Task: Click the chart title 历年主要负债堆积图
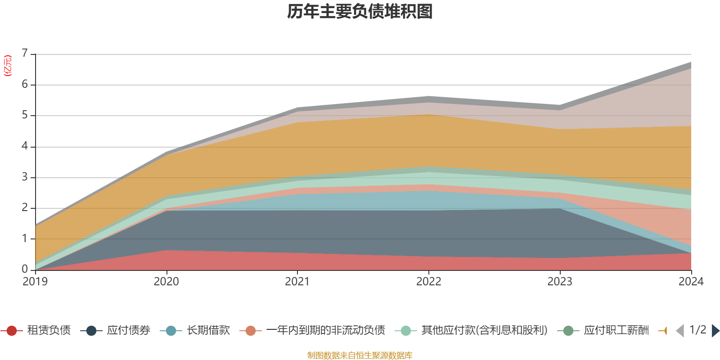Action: pos(360,12)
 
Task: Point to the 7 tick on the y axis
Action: pos(25,54)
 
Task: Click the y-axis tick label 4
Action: pos(25,146)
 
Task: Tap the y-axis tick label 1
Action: pos(25,238)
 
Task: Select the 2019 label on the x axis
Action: pos(35,282)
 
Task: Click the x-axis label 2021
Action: pos(297,282)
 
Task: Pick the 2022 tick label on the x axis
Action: pos(428,282)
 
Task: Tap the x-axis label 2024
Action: pos(691,282)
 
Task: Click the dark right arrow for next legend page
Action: pos(715,331)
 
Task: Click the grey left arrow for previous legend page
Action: pos(680,331)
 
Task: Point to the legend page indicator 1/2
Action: pos(697,330)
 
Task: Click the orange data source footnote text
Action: pos(360,355)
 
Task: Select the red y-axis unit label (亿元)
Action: pos(8,66)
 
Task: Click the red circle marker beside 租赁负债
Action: pos(12,331)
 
